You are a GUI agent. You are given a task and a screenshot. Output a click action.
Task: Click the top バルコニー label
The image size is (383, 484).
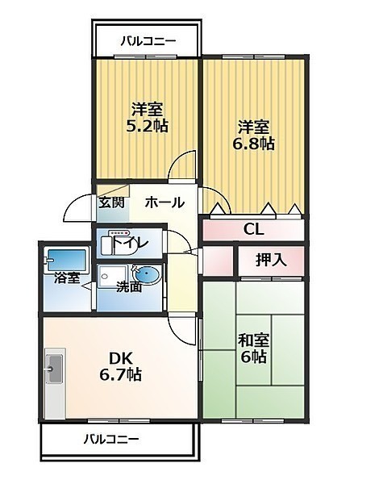pos(148,41)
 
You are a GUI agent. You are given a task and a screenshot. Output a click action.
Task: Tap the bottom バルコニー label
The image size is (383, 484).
pos(111,439)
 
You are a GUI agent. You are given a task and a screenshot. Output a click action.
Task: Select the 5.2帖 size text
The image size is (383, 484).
pos(148,127)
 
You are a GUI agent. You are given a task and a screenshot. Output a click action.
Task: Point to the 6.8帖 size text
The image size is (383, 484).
pos(253,144)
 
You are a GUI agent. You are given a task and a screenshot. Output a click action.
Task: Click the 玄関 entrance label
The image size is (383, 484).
pos(111,202)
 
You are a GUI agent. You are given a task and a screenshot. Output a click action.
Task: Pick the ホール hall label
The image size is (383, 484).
pos(164,202)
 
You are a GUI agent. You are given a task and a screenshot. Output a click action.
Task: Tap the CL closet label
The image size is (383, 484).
pos(254,229)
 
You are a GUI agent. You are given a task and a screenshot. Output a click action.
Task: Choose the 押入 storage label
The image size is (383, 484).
pos(271,261)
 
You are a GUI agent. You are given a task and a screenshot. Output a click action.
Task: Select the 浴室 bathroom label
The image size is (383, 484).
pos(67,278)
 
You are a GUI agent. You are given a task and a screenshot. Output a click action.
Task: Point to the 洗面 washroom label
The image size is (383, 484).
pos(129,287)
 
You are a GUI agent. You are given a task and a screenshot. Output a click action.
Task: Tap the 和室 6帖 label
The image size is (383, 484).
pos(253,348)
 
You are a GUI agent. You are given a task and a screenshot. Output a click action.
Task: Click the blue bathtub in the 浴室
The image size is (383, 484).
pos(66,260)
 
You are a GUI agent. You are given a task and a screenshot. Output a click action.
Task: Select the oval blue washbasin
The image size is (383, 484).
pos(147,274)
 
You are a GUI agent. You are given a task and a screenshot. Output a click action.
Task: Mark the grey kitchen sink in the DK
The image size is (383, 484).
pos(54,369)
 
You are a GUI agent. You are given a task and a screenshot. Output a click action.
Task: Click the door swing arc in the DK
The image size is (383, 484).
pos(177,335)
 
